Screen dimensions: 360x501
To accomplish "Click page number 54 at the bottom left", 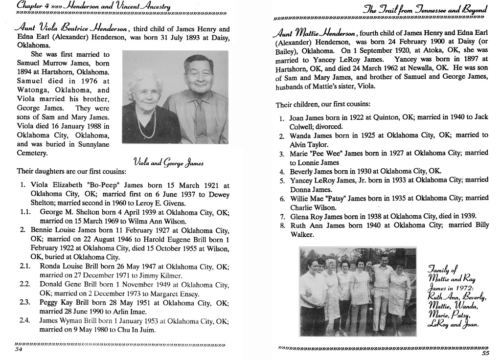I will tap(19, 350).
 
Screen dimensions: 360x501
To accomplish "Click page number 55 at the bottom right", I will tap(485, 354).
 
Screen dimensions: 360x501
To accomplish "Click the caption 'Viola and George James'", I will tap(168, 162).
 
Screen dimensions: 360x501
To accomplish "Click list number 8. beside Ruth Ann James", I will tap(282, 226).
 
